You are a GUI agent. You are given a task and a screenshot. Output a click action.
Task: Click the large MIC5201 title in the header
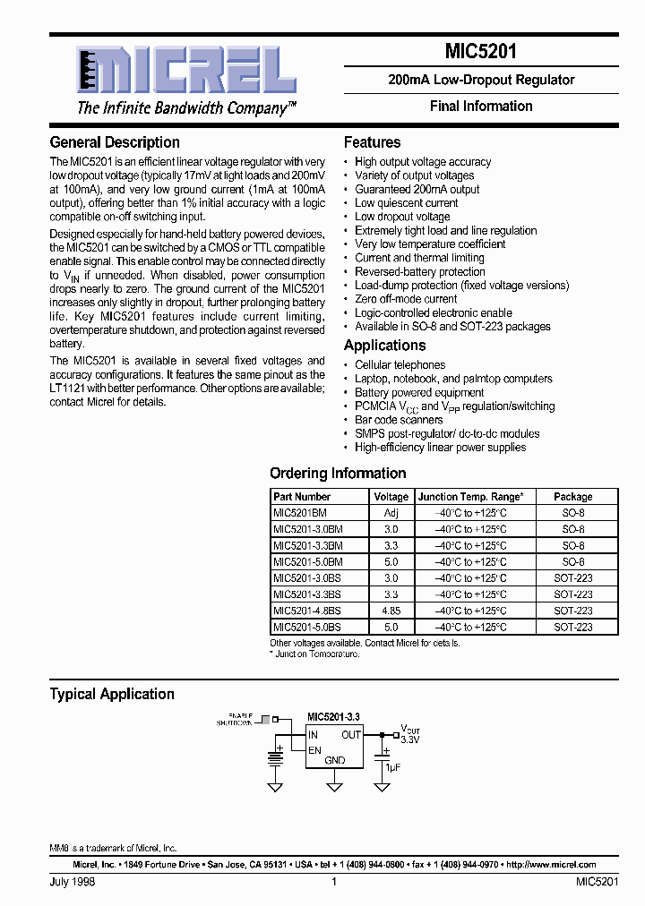pyautogui.click(x=480, y=52)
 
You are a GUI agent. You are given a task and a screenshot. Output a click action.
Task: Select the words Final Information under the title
pyautogui.click(x=480, y=107)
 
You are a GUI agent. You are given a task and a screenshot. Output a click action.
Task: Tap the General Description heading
pyautogui.click(x=115, y=142)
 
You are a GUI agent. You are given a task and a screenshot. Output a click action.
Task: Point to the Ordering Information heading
pyautogui.click(x=338, y=474)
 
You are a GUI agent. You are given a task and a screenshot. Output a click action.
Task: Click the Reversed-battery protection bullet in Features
pyautogui.click(x=419, y=271)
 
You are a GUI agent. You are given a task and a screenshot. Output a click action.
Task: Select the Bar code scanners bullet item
pyautogui.click(x=399, y=420)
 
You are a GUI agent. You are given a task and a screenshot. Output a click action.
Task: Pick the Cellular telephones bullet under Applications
pyautogui.click(x=400, y=365)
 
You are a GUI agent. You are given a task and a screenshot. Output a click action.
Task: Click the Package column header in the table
pyautogui.click(x=572, y=497)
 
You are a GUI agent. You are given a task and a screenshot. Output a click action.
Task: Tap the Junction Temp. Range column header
pyautogui.click(x=470, y=497)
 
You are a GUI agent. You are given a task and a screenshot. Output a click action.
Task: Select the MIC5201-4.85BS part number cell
pyautogui.click(x=307, y=611)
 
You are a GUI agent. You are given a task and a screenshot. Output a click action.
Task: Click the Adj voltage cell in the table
pyautogui.click(x=391, y=513)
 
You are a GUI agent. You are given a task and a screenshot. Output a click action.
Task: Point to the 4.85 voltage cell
pyautogui.click(x=391, y=611)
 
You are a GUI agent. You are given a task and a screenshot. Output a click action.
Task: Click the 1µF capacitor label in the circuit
pyautogui.click(x=391, y=768)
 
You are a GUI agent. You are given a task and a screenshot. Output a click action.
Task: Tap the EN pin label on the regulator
pyautogui.click(x=314, y=750)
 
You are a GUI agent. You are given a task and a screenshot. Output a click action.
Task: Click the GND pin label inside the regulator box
pyautogui.click(x=334, y=761)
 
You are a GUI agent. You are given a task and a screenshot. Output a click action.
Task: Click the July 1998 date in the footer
pyautogui.click(x=73, y=882)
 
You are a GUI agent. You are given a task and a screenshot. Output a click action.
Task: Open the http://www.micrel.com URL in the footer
pyautogui.click(x=550, y=865)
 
